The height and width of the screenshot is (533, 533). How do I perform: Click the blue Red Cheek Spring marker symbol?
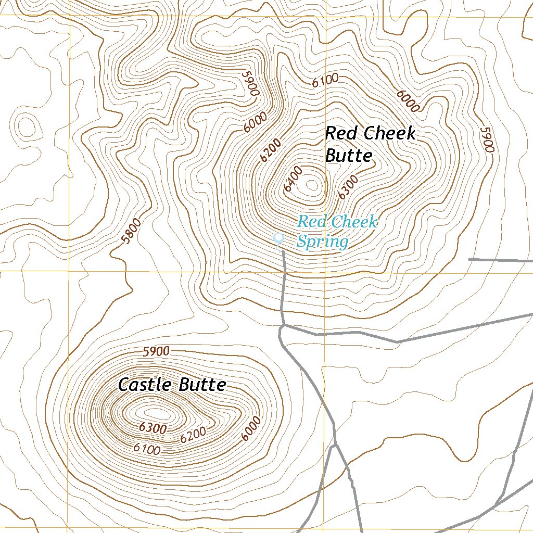[278, 239]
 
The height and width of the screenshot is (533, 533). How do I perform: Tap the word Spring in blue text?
[322, 242]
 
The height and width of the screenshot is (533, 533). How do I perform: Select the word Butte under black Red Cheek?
[348, 155]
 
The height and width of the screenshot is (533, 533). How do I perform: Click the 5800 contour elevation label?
[130, 231]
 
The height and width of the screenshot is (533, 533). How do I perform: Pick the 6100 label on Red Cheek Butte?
[325, 81]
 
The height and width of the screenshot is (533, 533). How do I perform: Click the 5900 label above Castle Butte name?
[156, 351]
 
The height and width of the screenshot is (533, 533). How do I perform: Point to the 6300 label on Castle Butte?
[153, 428]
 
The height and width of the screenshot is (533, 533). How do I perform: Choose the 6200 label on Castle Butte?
[193, 435]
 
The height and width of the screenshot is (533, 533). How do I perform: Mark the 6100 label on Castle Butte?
[147, 448]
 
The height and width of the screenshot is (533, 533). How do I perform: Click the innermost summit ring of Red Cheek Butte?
[312, 184]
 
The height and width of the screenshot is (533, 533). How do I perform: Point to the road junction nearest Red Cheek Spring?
[281, 327]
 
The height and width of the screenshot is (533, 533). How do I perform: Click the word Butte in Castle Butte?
[202, 385]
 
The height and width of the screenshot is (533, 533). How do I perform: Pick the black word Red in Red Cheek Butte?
[341, 133]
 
